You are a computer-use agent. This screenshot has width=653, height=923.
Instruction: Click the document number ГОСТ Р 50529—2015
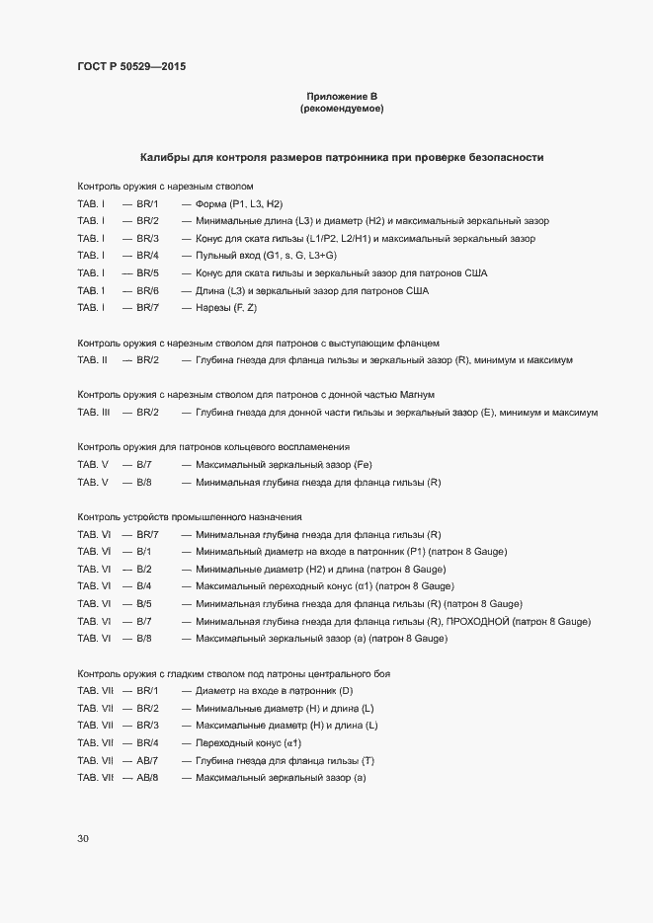(x=130, y=67)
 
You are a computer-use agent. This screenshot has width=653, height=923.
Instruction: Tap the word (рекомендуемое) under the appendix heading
(x=342, y=109)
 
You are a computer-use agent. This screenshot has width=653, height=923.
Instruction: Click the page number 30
(x=83, y=839)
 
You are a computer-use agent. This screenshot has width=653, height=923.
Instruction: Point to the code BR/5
(x=147, y=272)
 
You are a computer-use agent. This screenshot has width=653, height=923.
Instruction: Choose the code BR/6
(x=147, y=290)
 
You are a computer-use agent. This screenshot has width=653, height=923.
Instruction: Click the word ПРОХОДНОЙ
(x=480, y=621)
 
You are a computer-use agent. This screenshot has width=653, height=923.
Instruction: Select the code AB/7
(x=147, y=761)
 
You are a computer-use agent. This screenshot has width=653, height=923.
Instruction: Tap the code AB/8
(x=147, y=779)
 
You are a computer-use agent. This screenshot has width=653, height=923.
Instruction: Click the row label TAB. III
(x=93, y=413)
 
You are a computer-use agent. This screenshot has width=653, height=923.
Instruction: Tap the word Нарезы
(x=212, y=308)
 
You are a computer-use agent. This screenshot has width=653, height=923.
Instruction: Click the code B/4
(x=144, y=586)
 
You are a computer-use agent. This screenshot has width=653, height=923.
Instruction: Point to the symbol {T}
(x=368, y=761)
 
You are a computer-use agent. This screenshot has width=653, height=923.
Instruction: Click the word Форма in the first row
(x=211, y=202)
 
